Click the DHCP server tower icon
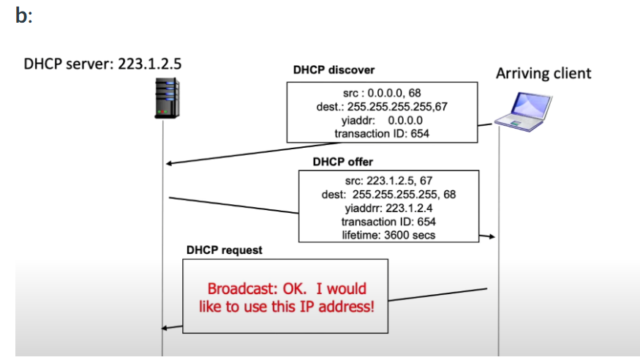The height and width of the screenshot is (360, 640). click(167, 99)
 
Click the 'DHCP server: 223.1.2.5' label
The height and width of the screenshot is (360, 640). click(102, 64)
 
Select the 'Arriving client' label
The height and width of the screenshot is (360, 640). click(543, 73)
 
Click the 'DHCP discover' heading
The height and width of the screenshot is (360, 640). click(334, 70)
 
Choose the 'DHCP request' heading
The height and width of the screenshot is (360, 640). click(224, 250)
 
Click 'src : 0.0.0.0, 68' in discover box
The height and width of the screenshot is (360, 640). click(381, 94)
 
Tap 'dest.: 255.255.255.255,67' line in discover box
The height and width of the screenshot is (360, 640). click(381, 108)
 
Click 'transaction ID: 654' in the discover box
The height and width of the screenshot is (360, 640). click(381, 133)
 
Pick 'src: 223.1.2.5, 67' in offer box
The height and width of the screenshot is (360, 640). click(388, 181)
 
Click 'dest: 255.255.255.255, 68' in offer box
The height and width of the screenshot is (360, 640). click(388, 195)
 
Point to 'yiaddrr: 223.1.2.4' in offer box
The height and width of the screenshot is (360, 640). click(388, 208)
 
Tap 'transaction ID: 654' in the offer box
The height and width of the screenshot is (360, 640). click(388, 221)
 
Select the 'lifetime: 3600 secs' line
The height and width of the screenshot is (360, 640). click(388, 234)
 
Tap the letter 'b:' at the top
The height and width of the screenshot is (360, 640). click(23, 16)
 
